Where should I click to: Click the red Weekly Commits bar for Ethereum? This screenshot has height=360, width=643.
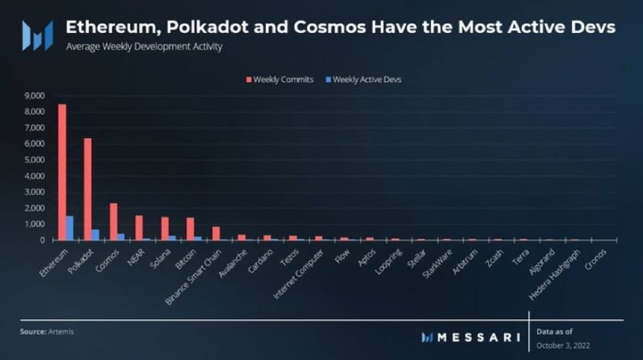(62, 172)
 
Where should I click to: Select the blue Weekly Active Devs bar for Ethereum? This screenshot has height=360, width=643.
(69, 228)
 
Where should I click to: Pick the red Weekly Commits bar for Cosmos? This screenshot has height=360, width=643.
(113, 222)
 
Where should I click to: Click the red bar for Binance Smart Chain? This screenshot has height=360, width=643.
(216, 233)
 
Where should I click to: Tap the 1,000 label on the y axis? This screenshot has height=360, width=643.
(34, 224)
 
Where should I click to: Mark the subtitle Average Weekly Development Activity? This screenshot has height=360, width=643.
(144, 47)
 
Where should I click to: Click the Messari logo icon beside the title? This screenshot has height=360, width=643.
(38, 35)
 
